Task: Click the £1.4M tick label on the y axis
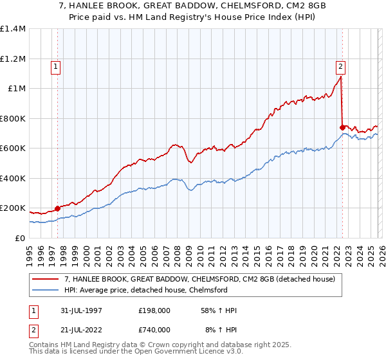pos(13,29)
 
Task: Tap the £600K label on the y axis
pos(13,148)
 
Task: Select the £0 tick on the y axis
pos(21,239)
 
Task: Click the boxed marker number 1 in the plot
pos(56,66)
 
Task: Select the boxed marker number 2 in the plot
pos(340,66)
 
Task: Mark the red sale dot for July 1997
pos(58,208)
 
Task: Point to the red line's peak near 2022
pos(340,76)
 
